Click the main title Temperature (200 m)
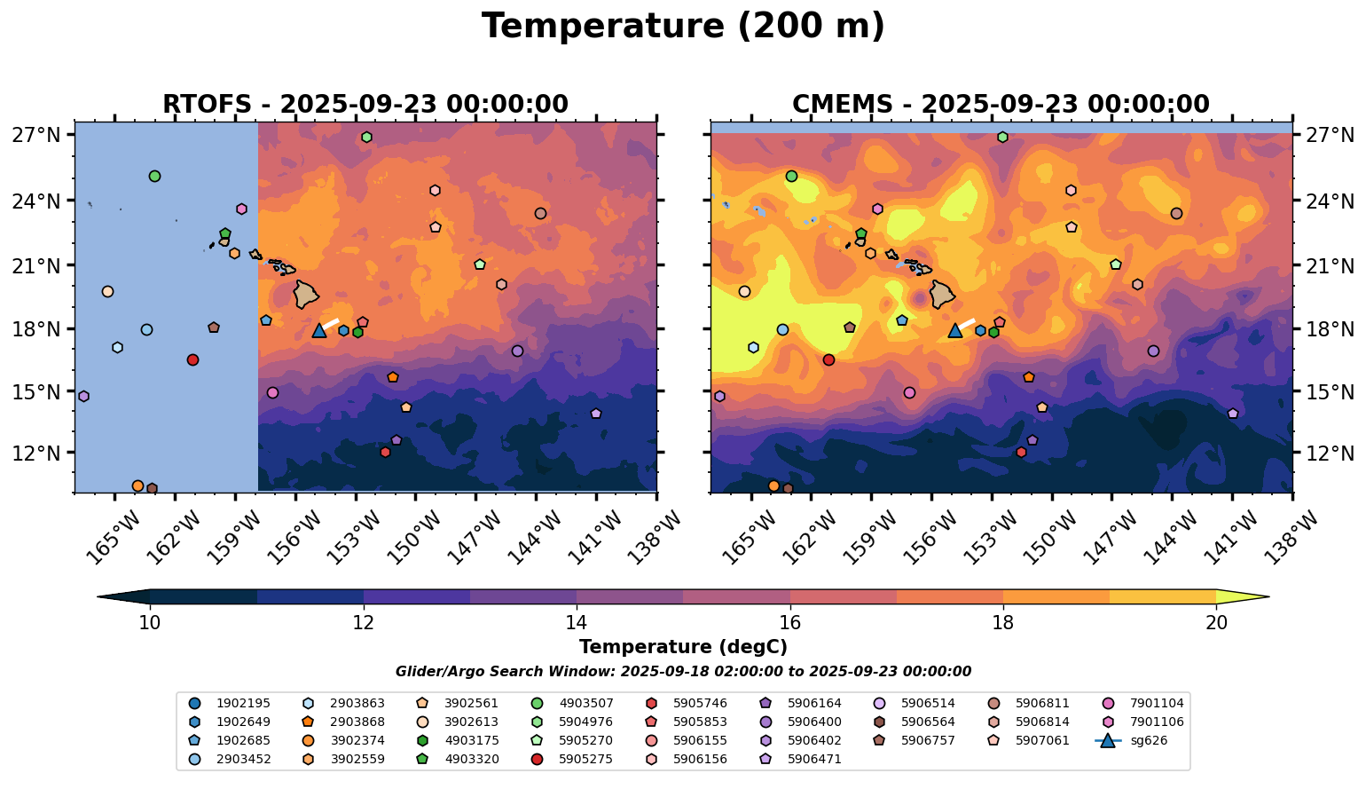click(x=683, y=27)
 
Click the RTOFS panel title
click(x=365, y=105)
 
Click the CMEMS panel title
click(x=1001, y=105)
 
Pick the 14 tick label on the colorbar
click(x=577, y=623)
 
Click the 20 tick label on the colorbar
click(x=1217, y=623)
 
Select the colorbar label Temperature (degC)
click(x=683, y=647)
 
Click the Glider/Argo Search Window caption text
click(x=683, y=672)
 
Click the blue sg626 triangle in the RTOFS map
click(x=319, y=331)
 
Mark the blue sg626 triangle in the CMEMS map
click(x=955, y=331)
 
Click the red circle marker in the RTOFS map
click(x=192, y=359)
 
